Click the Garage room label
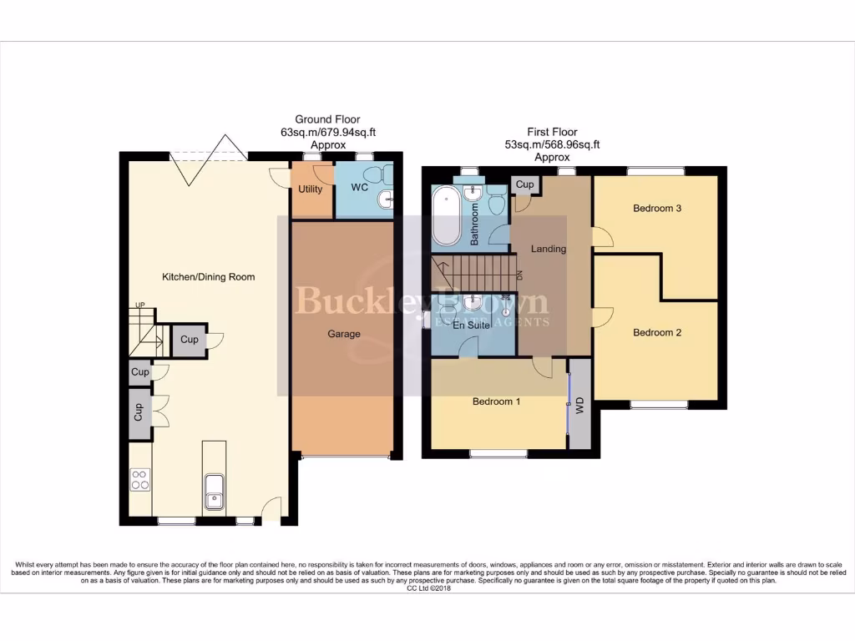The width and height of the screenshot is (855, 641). click(x=343, y=334)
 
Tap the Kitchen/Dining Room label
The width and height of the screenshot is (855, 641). click(x=208, y=276)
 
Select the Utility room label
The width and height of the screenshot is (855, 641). click(x=311, y=189)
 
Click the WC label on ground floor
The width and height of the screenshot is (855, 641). click(x=359, y=189)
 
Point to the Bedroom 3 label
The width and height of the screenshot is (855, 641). click(x=657, y=209)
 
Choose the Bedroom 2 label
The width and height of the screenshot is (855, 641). click(x=657, y=333)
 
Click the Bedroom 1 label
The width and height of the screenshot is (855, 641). click(x=496, y=401)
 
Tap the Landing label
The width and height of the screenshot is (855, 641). click(x=549, y=249)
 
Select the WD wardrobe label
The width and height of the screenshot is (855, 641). click(x=580, y=405)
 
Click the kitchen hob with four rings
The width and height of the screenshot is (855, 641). click(x=139, y=481)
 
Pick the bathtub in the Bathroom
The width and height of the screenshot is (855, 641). click(x=446, y=215)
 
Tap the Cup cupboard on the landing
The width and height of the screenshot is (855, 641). click(x=524, y=184)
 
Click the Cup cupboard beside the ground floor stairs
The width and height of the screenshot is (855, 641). click(x=190, y=340)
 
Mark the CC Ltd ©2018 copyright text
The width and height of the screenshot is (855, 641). click(x=427, y=588)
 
